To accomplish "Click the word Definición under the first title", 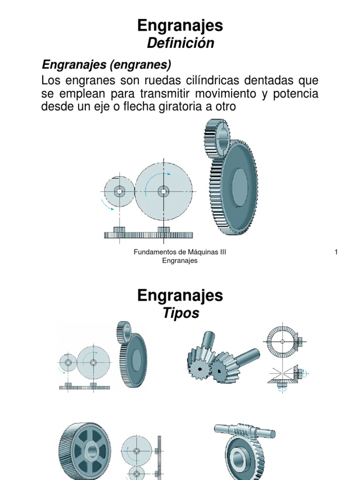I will [x=180, y=43].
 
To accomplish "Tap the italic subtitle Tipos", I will [x=180, y=313].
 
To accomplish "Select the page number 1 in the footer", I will [x=336, y=252].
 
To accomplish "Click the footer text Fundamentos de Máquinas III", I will [x=180, y=252].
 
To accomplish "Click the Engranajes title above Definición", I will [x=180, y=26].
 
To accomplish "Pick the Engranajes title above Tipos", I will [x=180, y=295].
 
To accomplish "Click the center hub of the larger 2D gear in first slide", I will [x=163, y=191].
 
